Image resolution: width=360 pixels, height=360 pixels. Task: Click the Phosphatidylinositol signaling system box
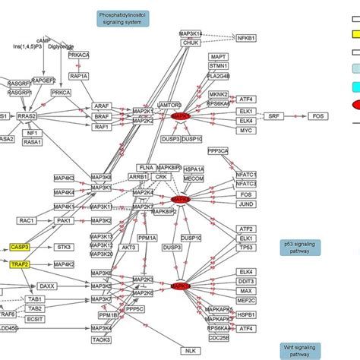click(123, 19)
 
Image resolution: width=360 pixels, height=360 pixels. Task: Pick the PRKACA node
click(79, 55)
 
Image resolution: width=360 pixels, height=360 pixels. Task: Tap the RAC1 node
click(28, 220)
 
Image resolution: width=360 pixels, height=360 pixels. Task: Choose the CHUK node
click(190, 43)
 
